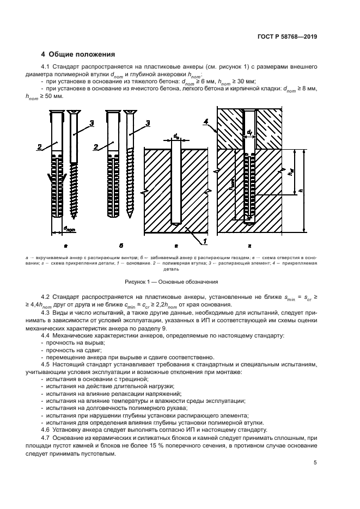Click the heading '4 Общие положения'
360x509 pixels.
click(x=78, y=54)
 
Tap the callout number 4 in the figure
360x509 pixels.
click(x=207, y=121)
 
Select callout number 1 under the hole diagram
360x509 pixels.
click(x=205, y=241)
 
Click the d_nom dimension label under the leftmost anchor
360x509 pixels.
click(x=69, y=229)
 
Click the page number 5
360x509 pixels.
click(x=315, y=463)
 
